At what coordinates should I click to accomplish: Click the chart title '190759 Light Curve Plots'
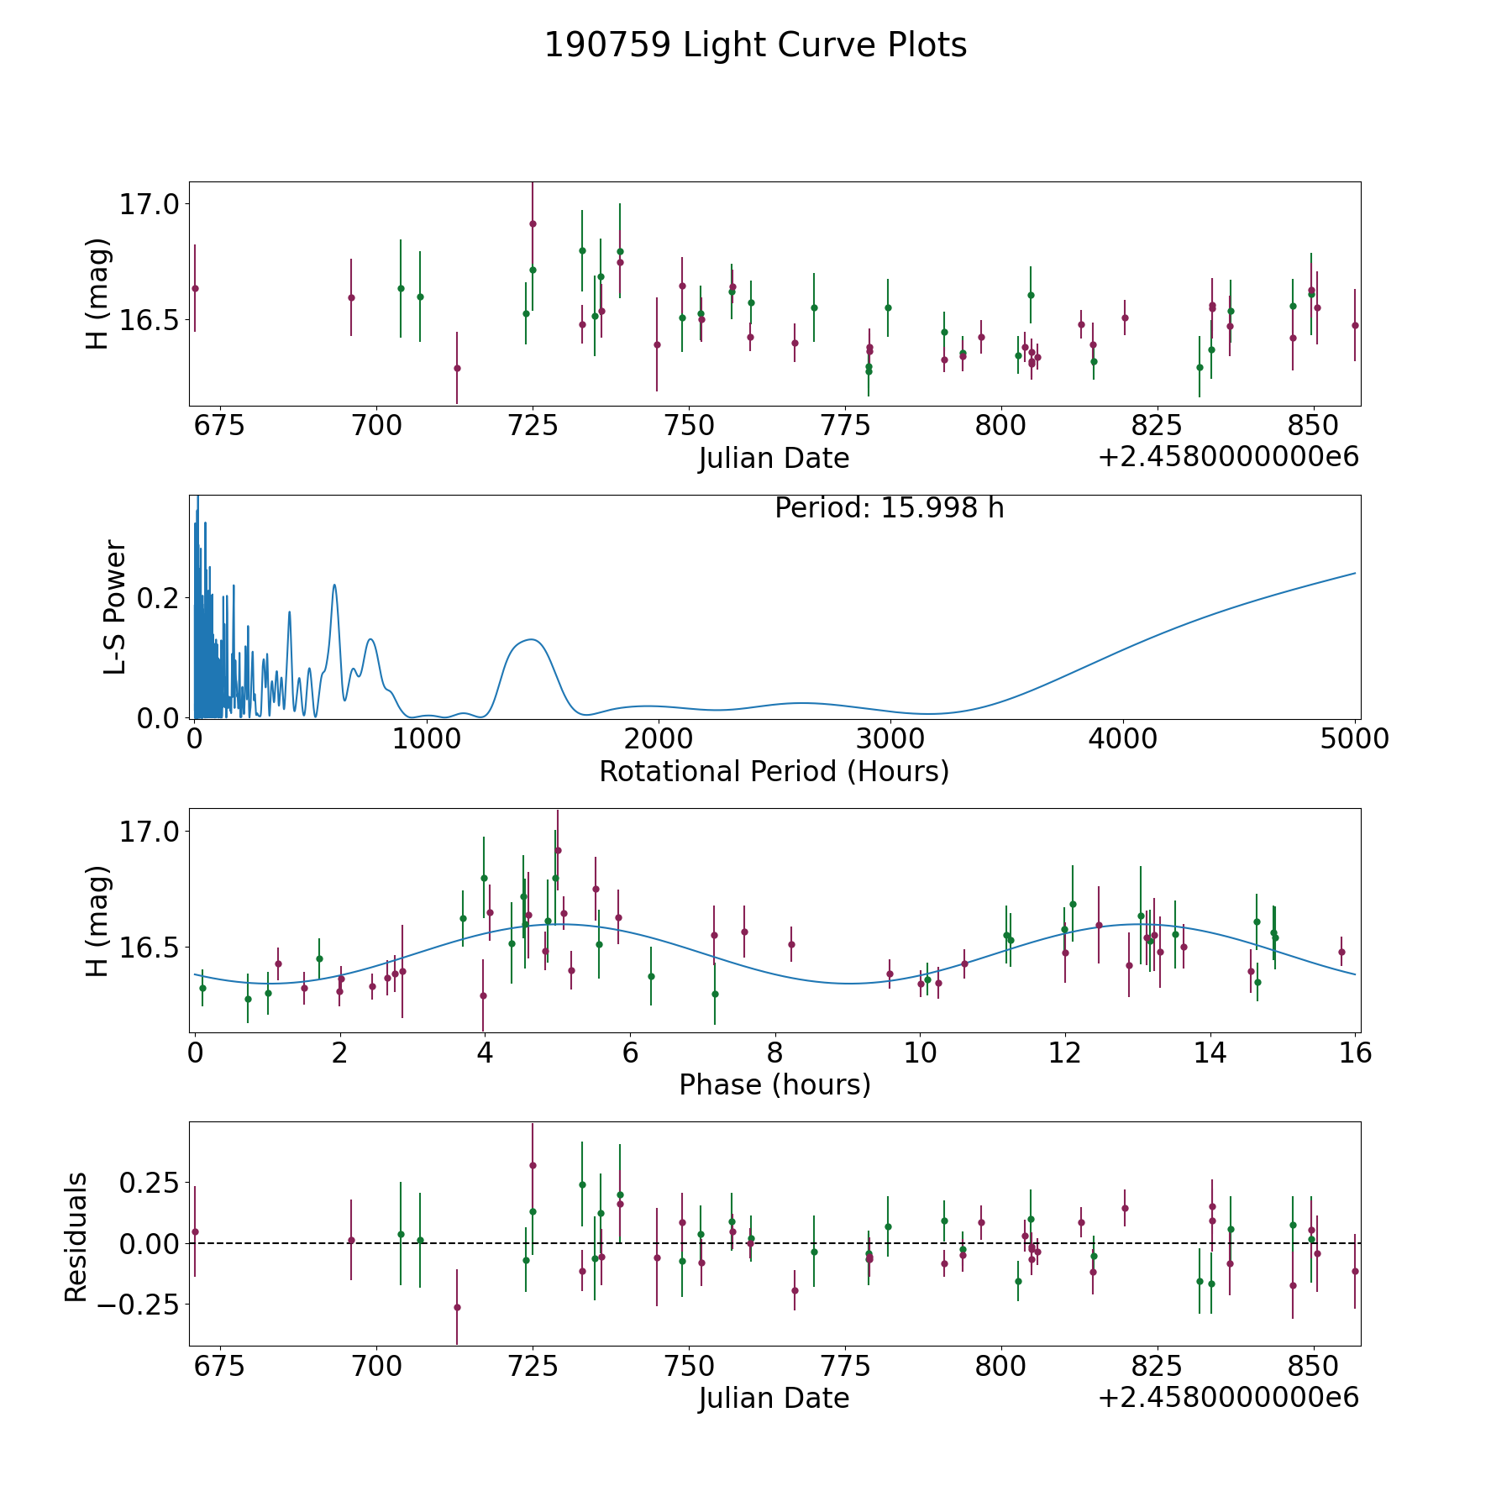coord(755,45)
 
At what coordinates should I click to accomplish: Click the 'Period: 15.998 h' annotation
coord(889,508)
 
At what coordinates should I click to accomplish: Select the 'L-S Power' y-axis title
coord(115,606)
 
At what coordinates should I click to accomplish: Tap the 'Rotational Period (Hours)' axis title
coord(774,771)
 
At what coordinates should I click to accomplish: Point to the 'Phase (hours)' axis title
coord(774,1084)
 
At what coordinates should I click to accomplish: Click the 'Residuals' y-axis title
coord(76,1237)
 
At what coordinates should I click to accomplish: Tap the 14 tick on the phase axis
coord(1210,1053)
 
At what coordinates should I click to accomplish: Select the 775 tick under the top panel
coord(845,426)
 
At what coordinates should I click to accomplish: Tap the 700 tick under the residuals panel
coord(375,1366)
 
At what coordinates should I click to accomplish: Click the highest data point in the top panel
coord(533,223)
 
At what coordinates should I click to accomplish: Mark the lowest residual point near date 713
coord(457,1307)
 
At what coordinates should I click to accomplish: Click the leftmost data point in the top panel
coord(195,288)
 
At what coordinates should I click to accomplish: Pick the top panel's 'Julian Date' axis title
coord(774,459)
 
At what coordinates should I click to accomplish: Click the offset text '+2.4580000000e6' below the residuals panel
coord(1228,1398)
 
